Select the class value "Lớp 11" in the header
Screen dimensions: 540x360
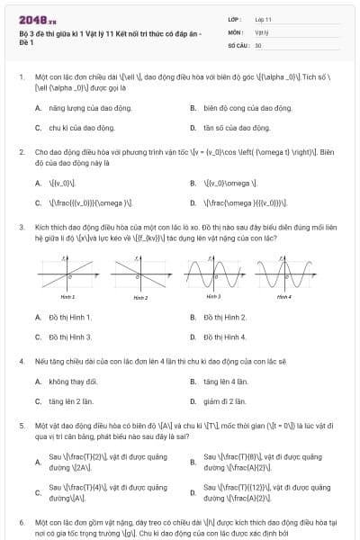(263, 19)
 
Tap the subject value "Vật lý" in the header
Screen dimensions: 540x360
(261, 31)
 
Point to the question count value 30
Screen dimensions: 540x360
(258, 44)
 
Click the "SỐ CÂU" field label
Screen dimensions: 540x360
(238, 44)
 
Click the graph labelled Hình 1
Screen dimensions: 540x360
(68, 270)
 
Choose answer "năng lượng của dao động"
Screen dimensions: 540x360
(85, 108)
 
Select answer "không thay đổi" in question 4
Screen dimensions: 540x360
(73, 382)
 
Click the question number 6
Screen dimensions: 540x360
(21, 522)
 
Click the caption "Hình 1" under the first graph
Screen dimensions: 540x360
(68, 295)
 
